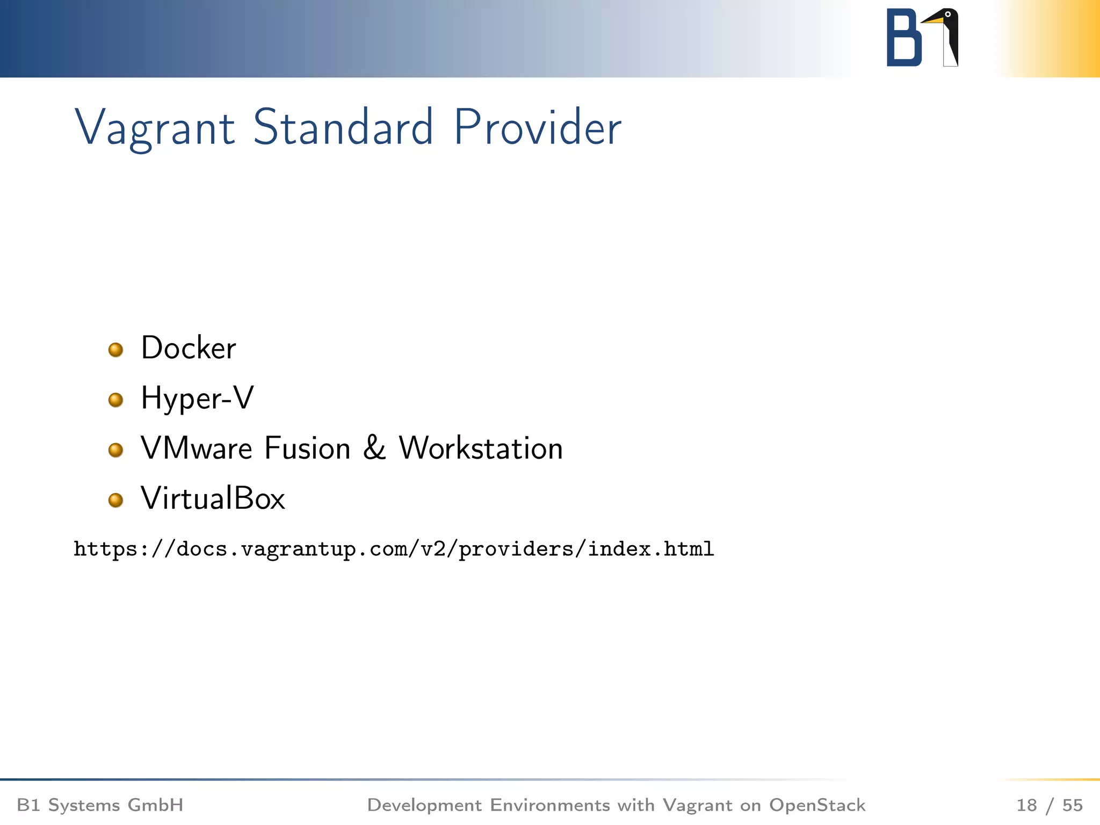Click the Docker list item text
[189, 348]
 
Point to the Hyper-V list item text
[197, 398]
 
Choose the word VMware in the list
[197, 448]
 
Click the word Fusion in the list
[307, 448]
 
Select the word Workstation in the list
[481, 448]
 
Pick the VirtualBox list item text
[213, 498]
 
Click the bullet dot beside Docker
[115, 350]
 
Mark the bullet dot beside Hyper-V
[115, 400]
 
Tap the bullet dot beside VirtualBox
[115, 501]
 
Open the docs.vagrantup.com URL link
[394, 549]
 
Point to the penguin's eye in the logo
[948, 14]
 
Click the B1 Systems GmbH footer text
[100, 805]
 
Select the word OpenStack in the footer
[817, 805]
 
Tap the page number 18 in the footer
[1026, 805]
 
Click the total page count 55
[1073, 805]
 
